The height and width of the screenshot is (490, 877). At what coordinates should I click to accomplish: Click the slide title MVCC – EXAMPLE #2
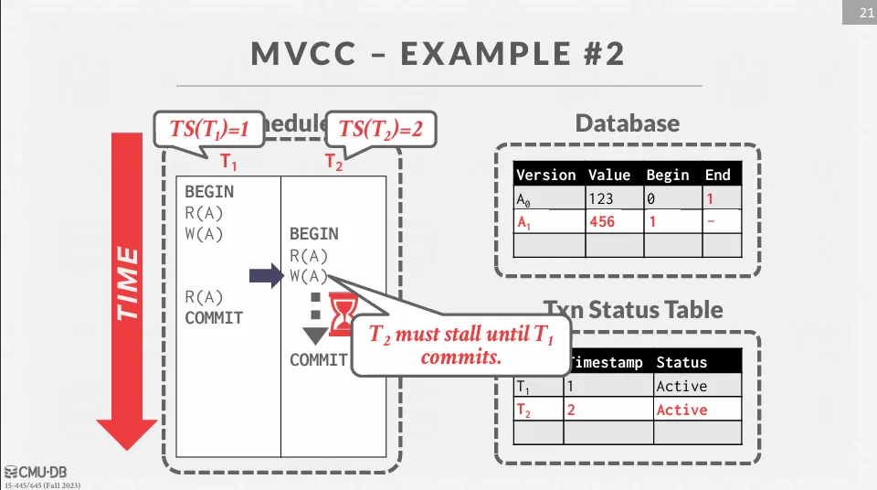click(x=438, y=54)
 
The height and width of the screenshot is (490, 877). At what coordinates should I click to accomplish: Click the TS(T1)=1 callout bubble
click(x=209, y=130)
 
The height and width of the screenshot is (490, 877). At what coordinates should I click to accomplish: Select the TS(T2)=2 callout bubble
click(x=381, y=130)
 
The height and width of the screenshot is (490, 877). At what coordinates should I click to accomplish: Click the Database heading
click(x=627, y=124)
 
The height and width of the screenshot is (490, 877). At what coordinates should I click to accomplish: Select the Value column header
click(x=609, y=175)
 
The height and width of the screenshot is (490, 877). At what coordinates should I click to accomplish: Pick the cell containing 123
click(x=603, y=198)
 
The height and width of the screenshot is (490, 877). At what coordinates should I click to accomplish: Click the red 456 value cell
click(x=603, y=222)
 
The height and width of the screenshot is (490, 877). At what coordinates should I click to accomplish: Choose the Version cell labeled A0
click(x=548, y=198)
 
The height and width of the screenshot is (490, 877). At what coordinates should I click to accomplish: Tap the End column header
click(x=717, y=175)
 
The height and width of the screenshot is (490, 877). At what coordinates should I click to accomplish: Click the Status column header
click(x=682, y=362)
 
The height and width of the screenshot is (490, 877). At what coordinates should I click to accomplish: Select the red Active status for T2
click(x=682, y=410)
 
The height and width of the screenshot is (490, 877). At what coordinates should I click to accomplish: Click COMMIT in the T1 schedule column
click(x=214, y=318)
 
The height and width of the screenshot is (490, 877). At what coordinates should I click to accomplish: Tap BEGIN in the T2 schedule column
click(x=313, y=234)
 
